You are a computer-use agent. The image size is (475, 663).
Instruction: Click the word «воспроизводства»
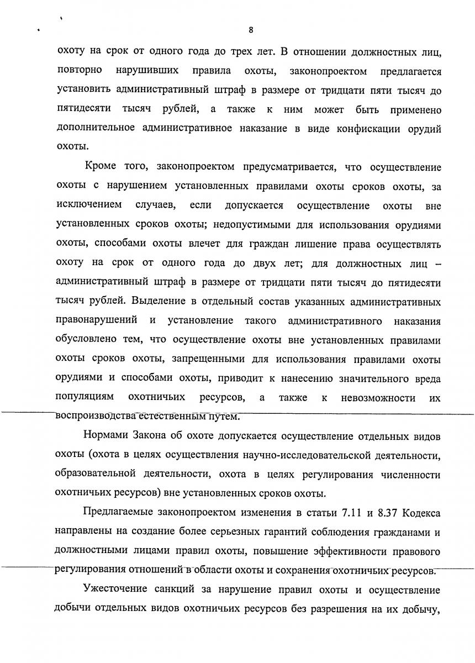pyautogui.click(x=94, y=416)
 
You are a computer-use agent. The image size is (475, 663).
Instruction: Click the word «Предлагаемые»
pyautogui.click(x=117, y=512)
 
